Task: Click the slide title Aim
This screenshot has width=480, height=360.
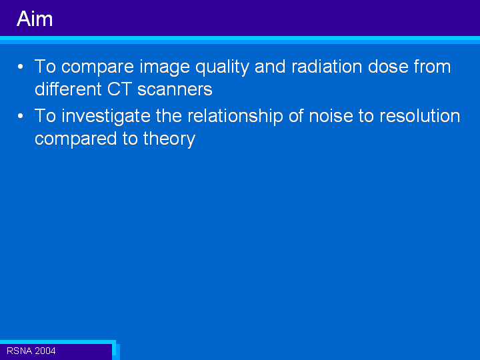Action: click(35, 19)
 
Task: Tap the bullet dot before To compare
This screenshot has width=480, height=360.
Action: click(20, 67)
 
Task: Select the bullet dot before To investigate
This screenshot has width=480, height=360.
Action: click(20, 116)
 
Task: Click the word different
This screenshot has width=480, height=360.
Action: click(68, 89)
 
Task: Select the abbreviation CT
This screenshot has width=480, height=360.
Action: click(120, 89)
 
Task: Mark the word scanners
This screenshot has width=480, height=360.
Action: click(175, 90)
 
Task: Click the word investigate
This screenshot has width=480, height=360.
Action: click(106, 117)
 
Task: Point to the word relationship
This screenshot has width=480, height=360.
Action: click(235, 117)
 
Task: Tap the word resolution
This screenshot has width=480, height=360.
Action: click(420, 116)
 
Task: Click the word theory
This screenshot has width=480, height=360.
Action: click(169, 139)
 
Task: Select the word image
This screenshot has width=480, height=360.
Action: click(165, 67)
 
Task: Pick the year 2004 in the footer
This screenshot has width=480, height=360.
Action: click(45, 351)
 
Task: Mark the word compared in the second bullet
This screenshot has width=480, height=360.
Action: click(76, 139)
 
